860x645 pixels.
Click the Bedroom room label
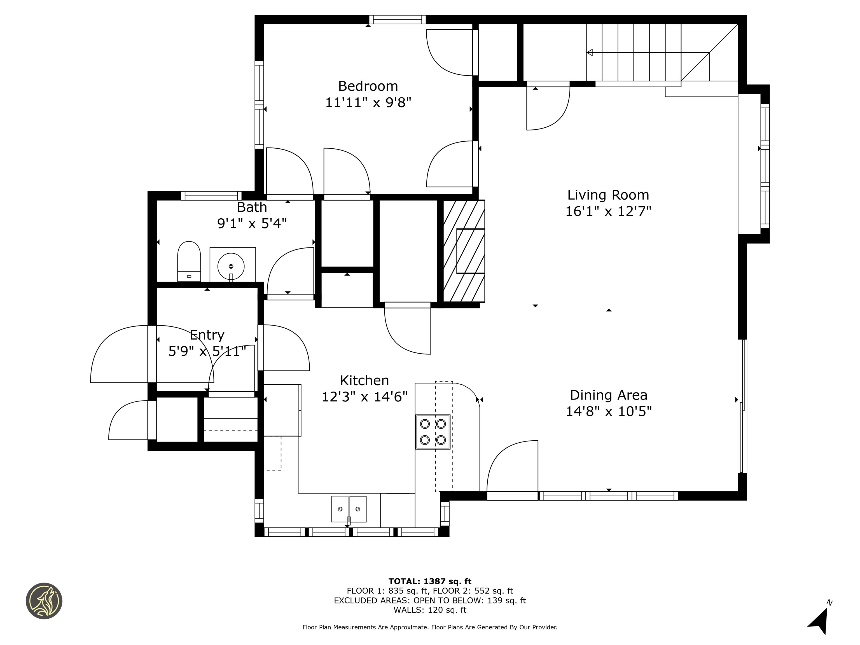pos(368,86)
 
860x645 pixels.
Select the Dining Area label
pos(608,395)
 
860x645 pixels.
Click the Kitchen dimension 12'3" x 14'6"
pos(364,397)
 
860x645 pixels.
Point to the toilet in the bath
pos(189,260)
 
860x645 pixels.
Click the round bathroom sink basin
pos(231,266)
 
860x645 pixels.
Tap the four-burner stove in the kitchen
pos(433,432)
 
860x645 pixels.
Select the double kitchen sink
pos(349,509)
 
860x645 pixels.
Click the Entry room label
pos(207,335)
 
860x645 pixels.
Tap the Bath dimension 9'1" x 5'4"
pos(252,224)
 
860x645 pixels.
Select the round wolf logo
pos(44,601)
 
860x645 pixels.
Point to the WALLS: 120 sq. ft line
pos(430,610)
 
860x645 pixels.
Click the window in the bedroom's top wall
pos(397,19)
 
